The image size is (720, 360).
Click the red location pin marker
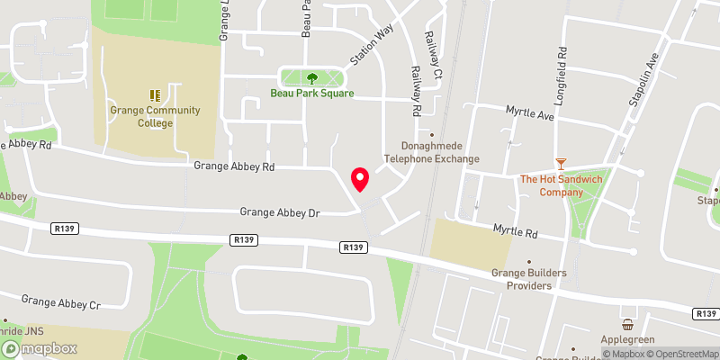[x=360, y=179]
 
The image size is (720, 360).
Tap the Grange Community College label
[x=143, y=116]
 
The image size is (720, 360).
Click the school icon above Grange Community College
[x=154, y=94]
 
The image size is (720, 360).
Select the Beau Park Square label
[x=312, y=93]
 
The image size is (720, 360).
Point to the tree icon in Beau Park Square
[x=312, y=78]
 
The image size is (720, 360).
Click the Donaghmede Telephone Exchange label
[x=432, y=152]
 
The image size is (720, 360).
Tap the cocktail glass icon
[x=561, y=163]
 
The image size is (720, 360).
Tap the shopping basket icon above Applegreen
[x=628, y=325]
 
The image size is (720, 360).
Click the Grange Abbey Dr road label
[x=280, y=212]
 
